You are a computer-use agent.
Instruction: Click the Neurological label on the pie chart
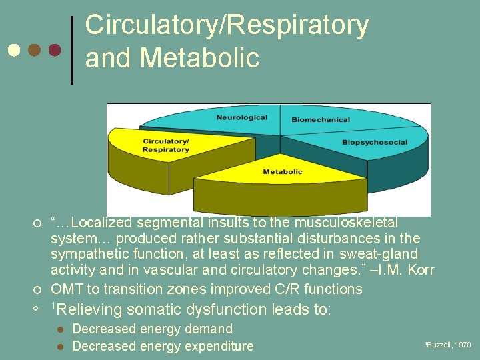(241, 118)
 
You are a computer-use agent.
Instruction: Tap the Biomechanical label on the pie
(321, 120)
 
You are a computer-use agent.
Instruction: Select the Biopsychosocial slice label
(375, 143)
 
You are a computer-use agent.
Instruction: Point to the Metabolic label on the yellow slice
(283, 172)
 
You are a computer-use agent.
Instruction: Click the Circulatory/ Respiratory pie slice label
(166, 145)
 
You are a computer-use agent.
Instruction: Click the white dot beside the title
(15, 51)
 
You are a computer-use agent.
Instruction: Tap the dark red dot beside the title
(55, 51)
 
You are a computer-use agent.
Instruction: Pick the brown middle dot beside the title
(35, 51)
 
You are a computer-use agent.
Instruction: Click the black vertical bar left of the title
(73, 50)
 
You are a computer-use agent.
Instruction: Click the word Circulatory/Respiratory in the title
(227, 25)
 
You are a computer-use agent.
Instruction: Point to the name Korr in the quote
(419, 270)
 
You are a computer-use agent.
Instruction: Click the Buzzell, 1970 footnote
(448, 345)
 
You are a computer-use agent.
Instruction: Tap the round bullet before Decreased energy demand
(60, 329)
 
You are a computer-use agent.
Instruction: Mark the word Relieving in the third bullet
(90, 309)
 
